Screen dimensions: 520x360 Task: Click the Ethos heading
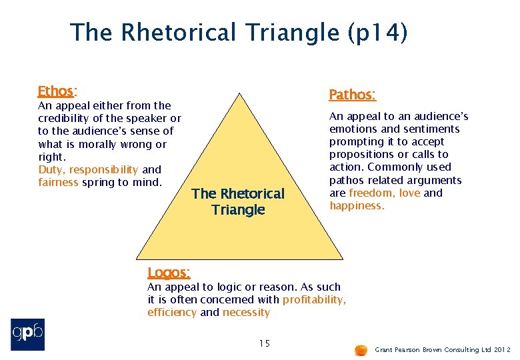tap(56, 91)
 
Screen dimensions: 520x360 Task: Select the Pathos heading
tap(352, 95)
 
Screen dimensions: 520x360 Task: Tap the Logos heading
tap(168, 272)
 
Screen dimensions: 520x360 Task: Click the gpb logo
tap(28, 335)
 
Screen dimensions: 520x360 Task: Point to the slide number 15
tap(264, 343)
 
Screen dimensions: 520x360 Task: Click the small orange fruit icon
tap(361, 349)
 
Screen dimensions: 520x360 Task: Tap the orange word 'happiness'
tap(356, 206)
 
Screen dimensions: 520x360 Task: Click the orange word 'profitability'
tap(314, 300)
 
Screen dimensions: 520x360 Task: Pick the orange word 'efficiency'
tap(172, 313)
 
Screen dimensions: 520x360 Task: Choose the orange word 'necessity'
tap(246, 313)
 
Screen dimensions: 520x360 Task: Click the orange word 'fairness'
tap(59, 183)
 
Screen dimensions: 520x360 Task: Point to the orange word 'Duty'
tap(50, 170)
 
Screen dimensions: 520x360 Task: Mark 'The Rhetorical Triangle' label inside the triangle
tap(238, 201)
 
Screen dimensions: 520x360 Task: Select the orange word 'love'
tap(409, 193)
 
